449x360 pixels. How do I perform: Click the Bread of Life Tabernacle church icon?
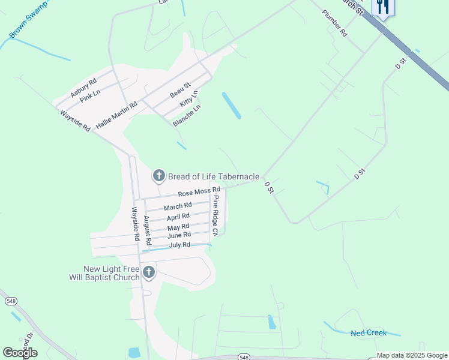point(158,176)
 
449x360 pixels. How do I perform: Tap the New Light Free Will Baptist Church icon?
point(148,274)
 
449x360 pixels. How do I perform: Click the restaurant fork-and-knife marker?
point(382,7)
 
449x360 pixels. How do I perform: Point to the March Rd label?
point(178,206)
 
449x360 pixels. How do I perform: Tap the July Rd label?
point(179,245)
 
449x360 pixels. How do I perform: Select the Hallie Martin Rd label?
point(117,113)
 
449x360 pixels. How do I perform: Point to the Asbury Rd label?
point(83,89)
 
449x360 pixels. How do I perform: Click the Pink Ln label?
point(90,96)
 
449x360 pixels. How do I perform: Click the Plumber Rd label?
point(334,24)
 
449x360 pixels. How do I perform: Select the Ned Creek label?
point(369,332)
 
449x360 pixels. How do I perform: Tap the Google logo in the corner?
point(20,352)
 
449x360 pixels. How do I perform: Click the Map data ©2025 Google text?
point(412,356)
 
